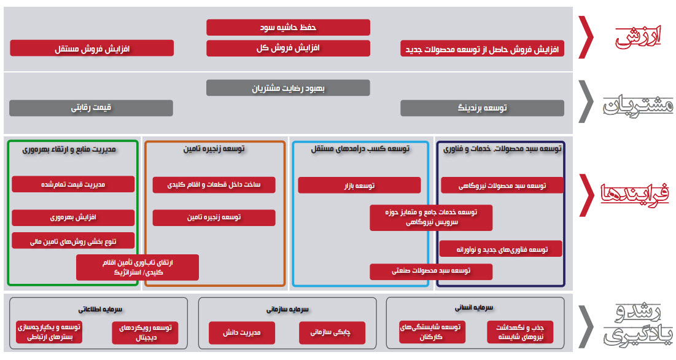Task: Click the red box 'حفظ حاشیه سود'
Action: (x=288, y=28)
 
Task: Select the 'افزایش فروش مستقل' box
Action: (x=92, y=48)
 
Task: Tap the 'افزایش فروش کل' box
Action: (x=288, y=48)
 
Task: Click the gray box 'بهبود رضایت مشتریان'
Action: (x=288, y=88)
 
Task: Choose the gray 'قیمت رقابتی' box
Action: (x=91, y=108)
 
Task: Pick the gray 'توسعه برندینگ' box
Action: (x=482, y=108)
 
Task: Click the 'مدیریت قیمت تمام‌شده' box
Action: (x=73, y=184)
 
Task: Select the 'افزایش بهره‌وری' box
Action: (x=73, y=217)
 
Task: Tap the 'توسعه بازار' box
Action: (x=360, y=186)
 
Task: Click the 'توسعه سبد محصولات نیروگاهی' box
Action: (x=502, y=186)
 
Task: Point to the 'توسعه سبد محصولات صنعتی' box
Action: (x=431, y=271)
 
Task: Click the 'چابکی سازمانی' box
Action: (x=332, y=332)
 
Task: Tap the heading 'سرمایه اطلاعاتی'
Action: (x=97, y=310)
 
